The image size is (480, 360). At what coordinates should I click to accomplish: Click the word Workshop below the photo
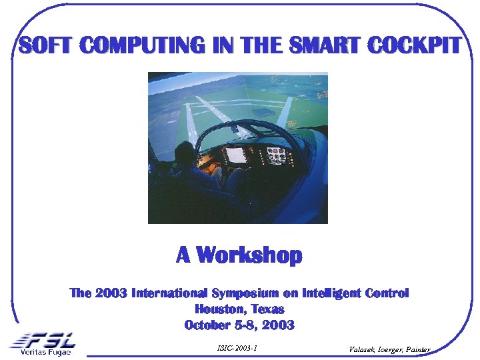[249, 255]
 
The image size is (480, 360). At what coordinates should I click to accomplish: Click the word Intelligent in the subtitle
[333, 293]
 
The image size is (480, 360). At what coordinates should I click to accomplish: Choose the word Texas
[268, 309]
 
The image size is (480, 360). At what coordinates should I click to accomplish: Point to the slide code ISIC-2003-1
[237, 348]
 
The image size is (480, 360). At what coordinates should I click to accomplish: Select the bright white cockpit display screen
[236, 155]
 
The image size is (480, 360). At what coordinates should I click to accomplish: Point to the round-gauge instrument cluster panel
[277, 155]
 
